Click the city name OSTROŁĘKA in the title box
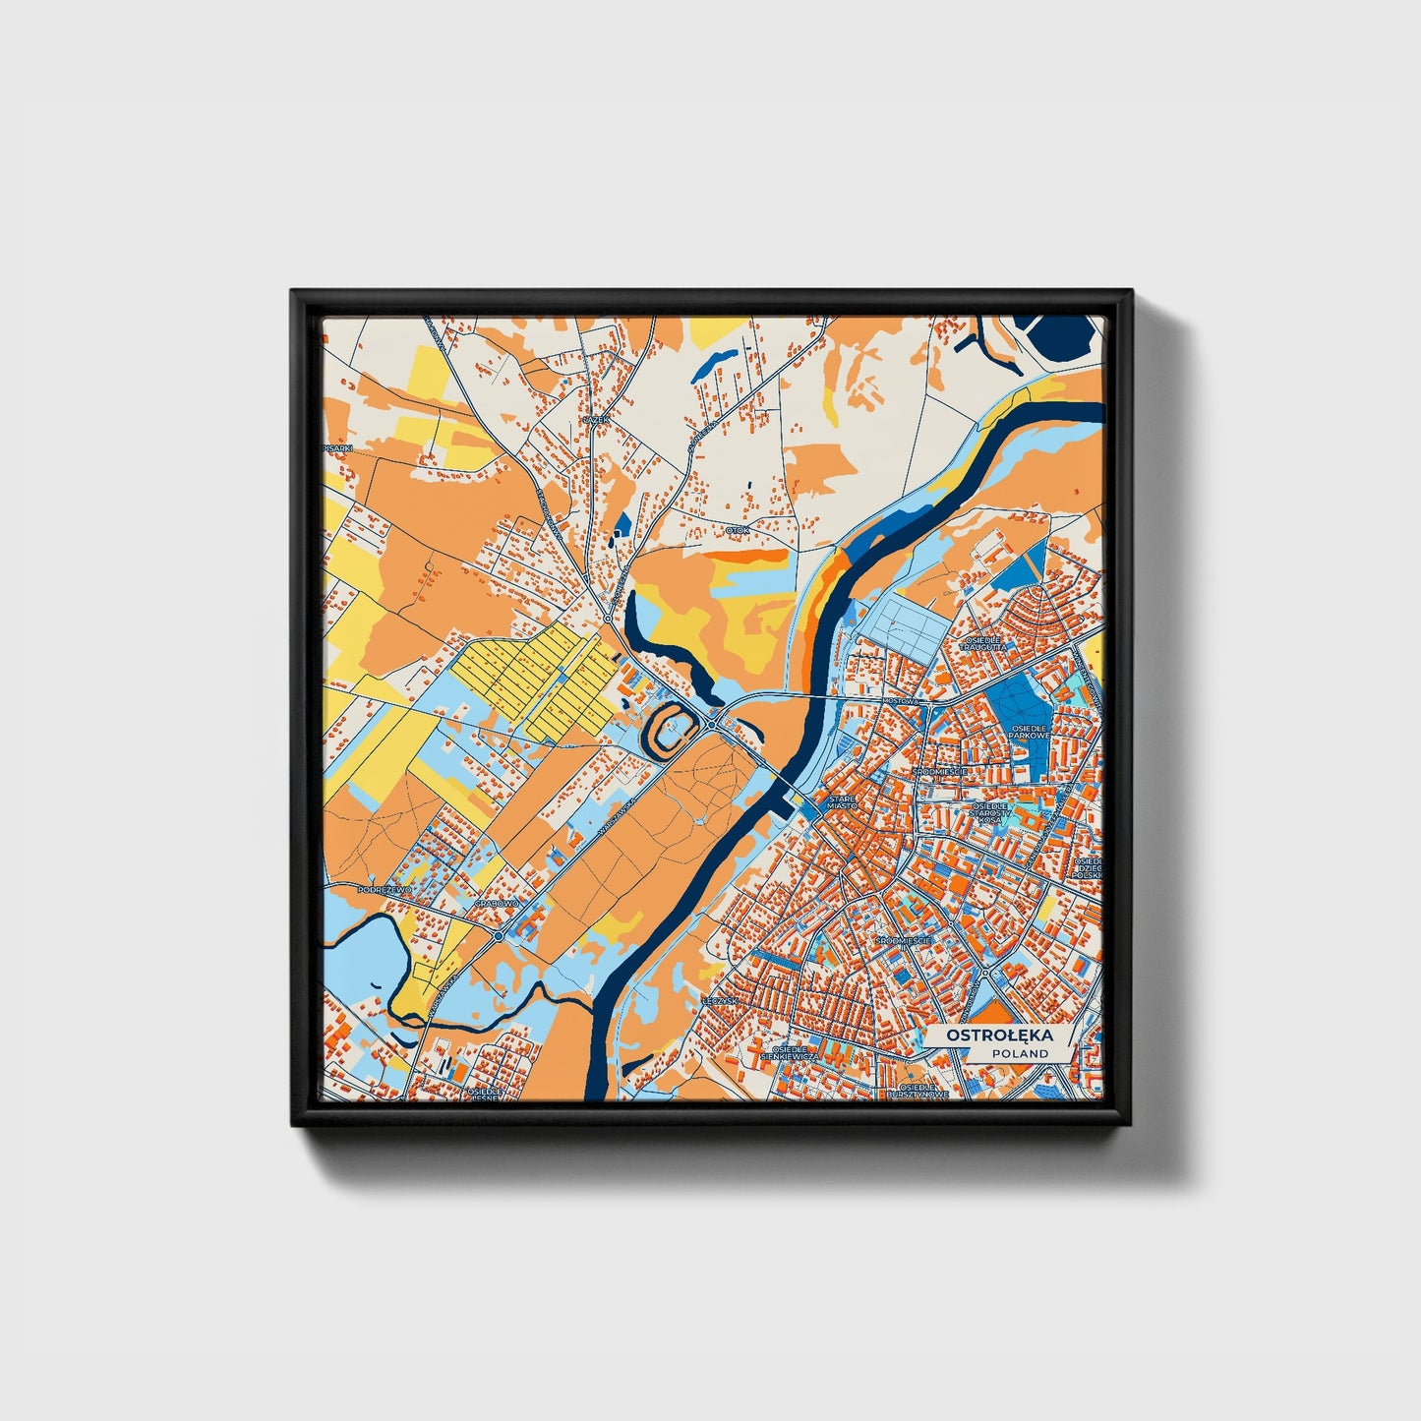pyautogui.click(x=998, y=1036)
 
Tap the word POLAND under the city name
pyautogui.click(x=1020, y=1053)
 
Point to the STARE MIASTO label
pyautogui.click(x=843, y=802)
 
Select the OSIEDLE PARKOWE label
pyautogui.click(x=1030, y=734)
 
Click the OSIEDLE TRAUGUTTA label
pyautogui.click(x=983, y=643)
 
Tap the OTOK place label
pyautogui.click(x=738, y=530)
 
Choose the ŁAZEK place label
pyautogui.click(x=597, y=419)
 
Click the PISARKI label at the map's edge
pyautogui.click(x=336, y=447)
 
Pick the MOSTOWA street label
pyautogui.click(x=900, y=701)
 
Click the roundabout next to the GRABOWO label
pyautogui.click(x=500, y=936)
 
